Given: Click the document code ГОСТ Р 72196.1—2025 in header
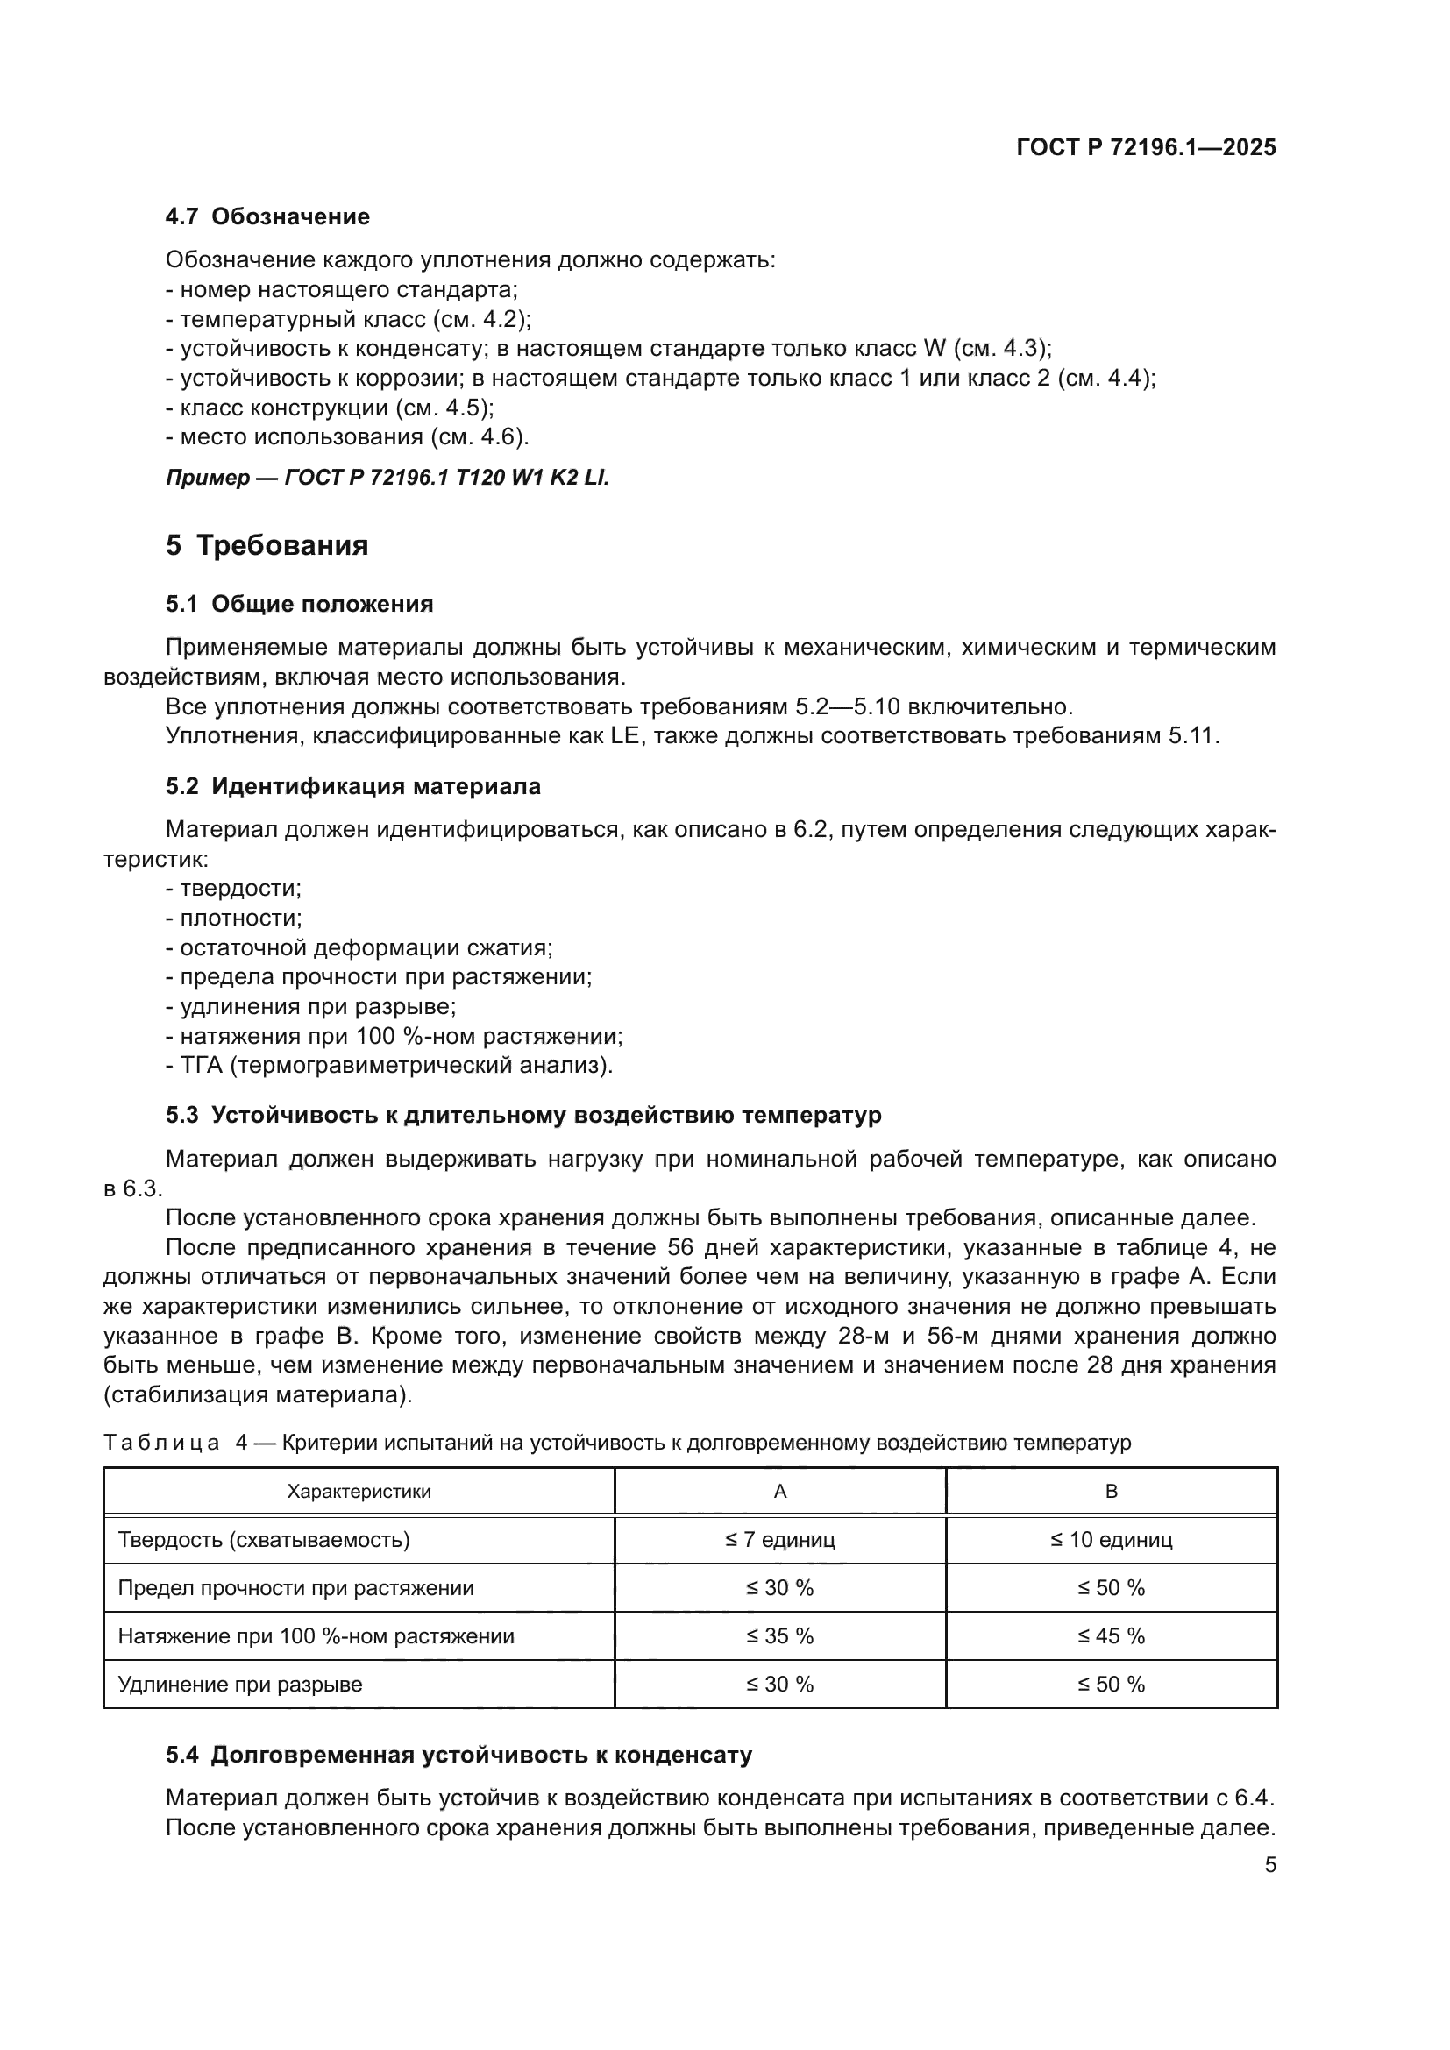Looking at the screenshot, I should (1146, 148).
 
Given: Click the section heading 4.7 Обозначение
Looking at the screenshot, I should (267, 217).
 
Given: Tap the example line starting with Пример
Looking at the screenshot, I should (387, 478).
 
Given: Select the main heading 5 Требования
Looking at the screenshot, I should (267, 545).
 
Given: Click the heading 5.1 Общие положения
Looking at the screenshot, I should (299, 605).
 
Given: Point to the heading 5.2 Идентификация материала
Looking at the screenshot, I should (352, 786).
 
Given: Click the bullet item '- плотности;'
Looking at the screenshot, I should (234, 918).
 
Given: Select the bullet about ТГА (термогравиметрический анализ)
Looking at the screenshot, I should (389, 1065).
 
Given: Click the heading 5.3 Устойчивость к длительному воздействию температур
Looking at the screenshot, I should (523, 1115).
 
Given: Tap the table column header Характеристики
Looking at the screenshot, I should (359, 1492).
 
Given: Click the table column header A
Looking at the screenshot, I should (779, 1492).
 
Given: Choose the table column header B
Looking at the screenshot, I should (1111, 1492).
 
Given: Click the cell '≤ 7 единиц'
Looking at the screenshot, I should (779, 1540).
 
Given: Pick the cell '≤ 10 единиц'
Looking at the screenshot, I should (1111, 1540).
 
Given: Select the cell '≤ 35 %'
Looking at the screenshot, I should (779, 1636).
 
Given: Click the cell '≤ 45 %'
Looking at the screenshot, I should (1111, 1636).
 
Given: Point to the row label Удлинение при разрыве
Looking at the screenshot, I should (240, 1685).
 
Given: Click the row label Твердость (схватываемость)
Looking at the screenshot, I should (264, 1540).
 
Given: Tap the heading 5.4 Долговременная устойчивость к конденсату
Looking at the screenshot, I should (458, 1756).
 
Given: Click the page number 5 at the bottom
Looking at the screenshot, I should (1269, 1865).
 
